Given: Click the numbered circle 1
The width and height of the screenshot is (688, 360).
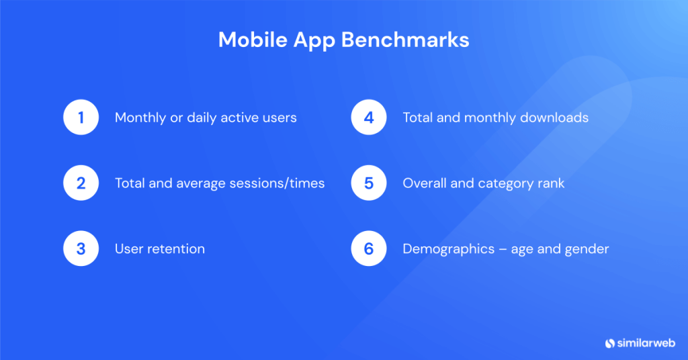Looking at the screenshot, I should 81,118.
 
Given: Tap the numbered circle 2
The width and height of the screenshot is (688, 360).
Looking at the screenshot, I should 81,183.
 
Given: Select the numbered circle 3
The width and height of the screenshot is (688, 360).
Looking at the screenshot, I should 81,249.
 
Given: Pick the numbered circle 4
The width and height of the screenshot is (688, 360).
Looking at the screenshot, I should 369,118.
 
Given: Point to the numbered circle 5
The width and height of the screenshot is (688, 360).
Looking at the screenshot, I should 369,183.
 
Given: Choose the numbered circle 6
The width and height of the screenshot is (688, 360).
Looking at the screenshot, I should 369,249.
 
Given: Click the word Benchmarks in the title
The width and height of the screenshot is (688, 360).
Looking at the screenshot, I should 405,40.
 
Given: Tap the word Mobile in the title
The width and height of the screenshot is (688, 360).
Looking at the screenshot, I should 252,40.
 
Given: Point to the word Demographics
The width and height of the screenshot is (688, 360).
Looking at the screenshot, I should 446,249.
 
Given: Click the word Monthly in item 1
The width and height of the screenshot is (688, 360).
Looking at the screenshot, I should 140,118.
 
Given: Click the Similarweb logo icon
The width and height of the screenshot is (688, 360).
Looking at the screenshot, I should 610,343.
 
